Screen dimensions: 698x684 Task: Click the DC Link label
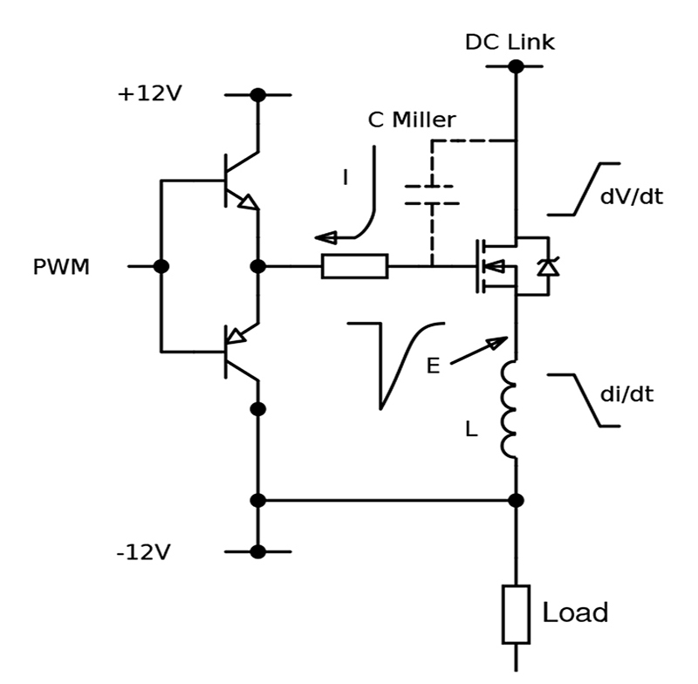coord(510,42)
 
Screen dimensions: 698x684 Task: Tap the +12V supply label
coord(149,93)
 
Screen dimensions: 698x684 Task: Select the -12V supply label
coord(143,552)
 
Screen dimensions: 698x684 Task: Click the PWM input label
coord(61,267)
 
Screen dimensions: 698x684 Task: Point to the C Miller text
coord(412,120)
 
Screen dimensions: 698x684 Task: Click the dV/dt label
coord(632,196)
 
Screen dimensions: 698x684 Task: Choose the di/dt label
coord(626,394)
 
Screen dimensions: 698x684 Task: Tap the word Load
coord(575,612)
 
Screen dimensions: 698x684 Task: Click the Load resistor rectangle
coord(516,614)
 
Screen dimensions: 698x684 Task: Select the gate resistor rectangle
coord(355,267)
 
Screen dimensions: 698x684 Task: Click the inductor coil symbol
coord(510,409)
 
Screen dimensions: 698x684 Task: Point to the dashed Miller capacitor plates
coord(432,195)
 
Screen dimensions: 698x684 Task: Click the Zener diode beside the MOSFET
coord(548,267)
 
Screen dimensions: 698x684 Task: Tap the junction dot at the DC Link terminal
coord(516,66)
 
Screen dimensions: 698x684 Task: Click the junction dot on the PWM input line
coord(161,267)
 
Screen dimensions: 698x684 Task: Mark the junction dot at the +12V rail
coord(257,95)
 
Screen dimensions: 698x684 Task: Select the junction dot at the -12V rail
coord(257,552)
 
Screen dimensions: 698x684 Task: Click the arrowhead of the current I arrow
coord(325,237)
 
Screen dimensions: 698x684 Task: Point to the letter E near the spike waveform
coord(433,366)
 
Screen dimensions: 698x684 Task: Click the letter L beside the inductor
coord(471,429)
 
